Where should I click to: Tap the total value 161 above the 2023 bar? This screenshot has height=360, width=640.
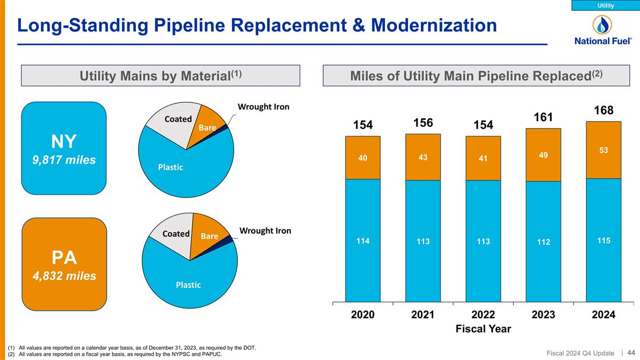coord(543,117)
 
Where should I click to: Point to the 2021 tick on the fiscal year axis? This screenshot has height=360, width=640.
coord(423,315)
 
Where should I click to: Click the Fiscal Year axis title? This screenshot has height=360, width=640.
coord(483,329)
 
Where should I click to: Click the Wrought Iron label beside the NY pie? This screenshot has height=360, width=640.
coord(263,107)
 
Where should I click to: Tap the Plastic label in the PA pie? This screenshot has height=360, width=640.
coord(188,285)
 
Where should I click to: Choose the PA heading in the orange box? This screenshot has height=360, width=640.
coord(65,258)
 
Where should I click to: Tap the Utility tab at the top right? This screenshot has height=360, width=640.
coord(605,5)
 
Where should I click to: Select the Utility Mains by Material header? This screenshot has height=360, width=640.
coord(161,76)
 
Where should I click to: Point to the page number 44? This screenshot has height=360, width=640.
coord(631,353)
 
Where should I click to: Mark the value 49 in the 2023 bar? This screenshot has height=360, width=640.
coord(543,155)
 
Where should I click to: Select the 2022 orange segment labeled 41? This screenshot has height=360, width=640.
coord(483,158)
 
